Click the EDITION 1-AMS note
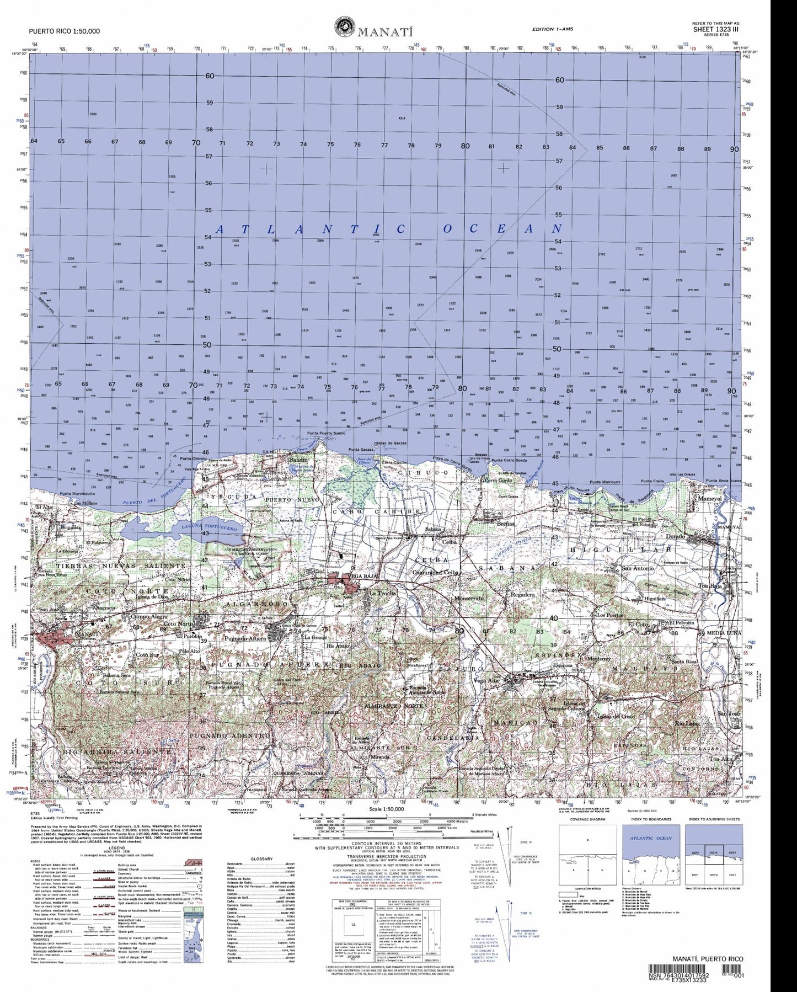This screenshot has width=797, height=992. click(554, 29)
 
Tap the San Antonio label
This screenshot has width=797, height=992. click(638, 568)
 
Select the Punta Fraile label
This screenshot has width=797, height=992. click(651, 482)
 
